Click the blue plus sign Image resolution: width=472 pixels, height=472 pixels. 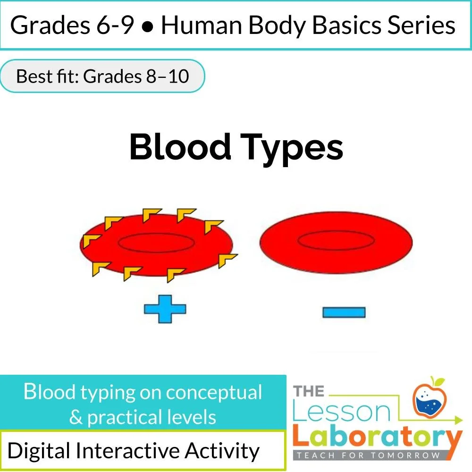click(x=165, y=310)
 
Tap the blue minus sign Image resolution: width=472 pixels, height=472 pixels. click(x=344, y=312)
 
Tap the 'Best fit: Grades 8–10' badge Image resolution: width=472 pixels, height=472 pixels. click(x=102, y=76)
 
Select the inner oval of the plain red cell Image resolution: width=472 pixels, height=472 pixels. click(x=335, y=241)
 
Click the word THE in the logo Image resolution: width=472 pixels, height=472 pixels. click(x=309, y=391)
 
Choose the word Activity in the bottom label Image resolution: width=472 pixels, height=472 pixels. click(x=222, y=451)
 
